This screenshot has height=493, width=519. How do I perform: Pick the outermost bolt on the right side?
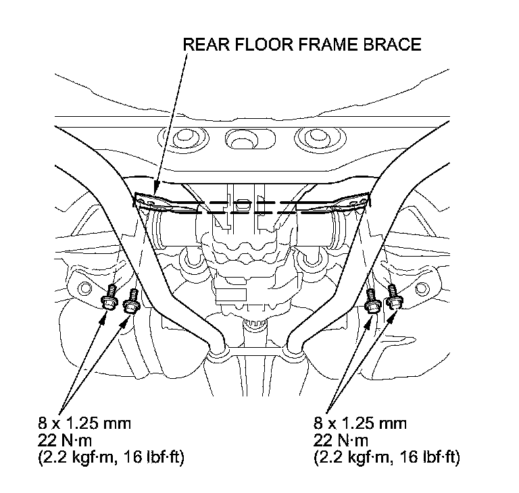pos(393,300)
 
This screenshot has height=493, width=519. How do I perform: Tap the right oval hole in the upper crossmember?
pos(307,139)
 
